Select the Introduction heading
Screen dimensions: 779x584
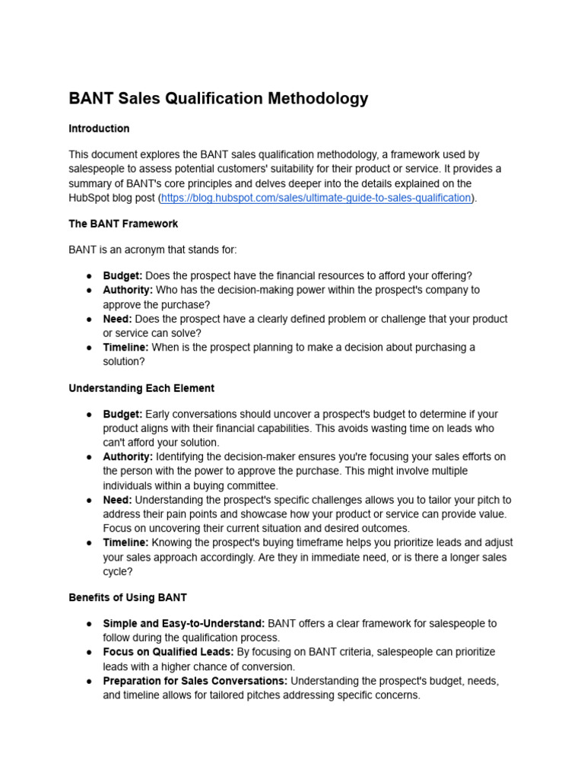(x=99, y=129)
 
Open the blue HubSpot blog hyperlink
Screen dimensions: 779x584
(x=316, y=198)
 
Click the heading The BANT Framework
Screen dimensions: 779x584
(x=123, y=224)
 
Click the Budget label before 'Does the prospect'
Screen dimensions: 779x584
(x=122, y=275)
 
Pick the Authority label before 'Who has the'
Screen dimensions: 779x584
(x=128, y=290)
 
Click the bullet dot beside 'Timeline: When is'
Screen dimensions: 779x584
(x=89, y=348)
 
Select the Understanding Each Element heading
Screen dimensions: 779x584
(x=141, y=388)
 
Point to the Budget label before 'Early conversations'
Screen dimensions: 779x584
(x=122, y=414)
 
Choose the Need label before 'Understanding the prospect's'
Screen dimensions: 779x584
(x=117, y=500)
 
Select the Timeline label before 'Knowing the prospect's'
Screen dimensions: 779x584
(x=126, y=542)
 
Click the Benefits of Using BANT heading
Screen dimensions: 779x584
(x=128, y=597)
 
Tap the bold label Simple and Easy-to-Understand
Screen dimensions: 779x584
(x=184, y=623)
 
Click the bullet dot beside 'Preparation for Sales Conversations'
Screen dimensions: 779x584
(x=89, y=681)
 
